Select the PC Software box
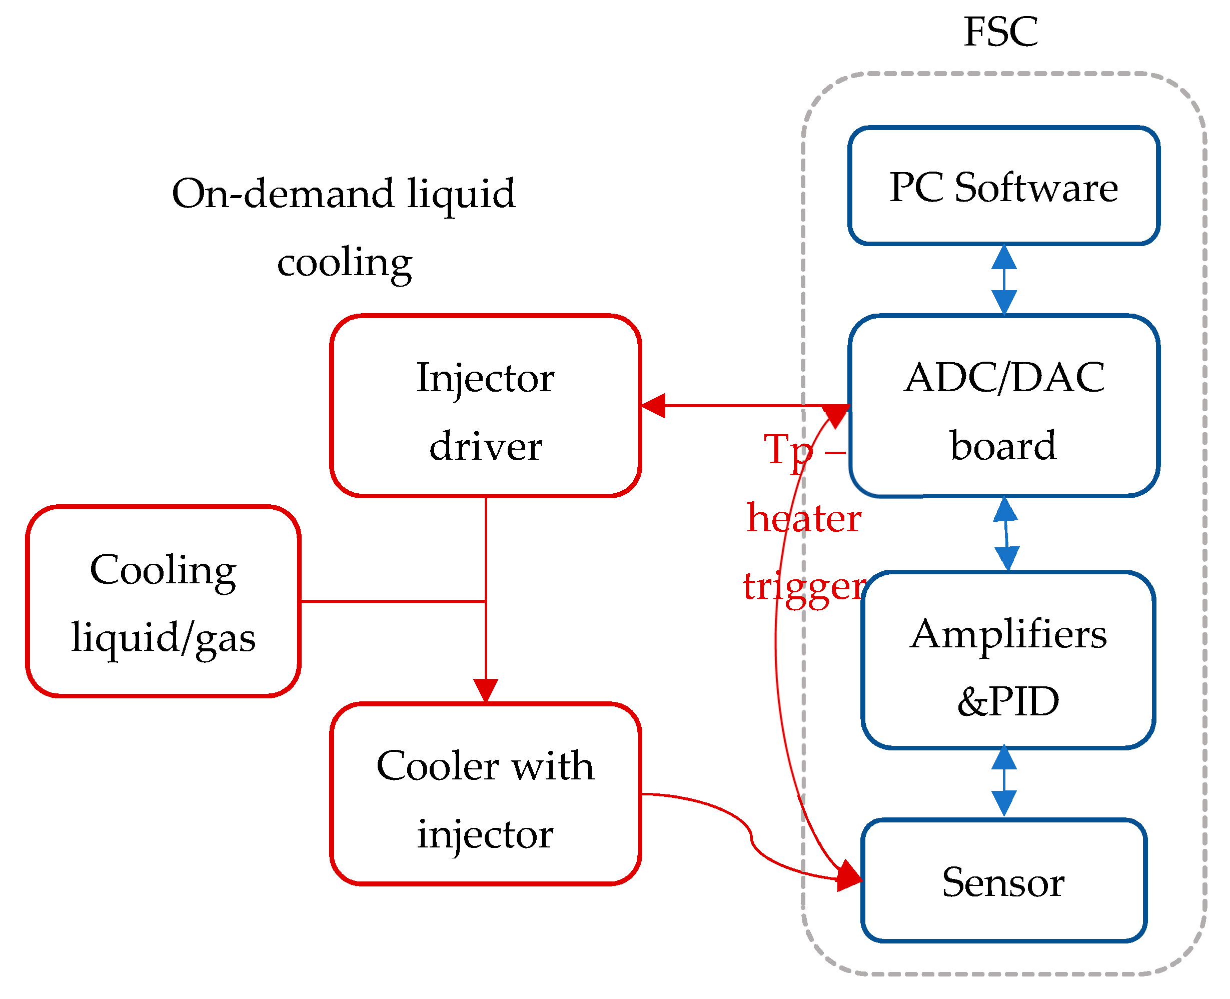[1003, 186]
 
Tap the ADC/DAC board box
[1003, 406]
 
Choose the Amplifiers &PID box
[1007, 660]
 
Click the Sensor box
[1003, 881]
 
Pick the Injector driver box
[485, 406]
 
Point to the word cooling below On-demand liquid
[344, 263]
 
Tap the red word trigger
[804, 587]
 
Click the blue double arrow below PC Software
[1004, 280]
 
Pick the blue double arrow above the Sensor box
[1004, 780]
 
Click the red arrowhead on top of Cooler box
[486, 690]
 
